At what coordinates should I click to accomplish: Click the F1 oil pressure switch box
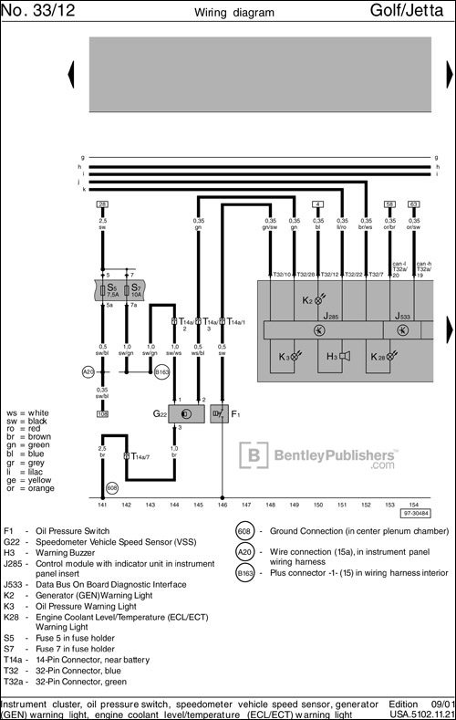[x=220, y=414]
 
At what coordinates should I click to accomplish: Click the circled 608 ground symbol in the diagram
[x=112, y=488]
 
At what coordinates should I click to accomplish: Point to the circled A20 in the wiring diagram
[x=88, y=371]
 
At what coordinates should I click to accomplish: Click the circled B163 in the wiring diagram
[x=161, y=372]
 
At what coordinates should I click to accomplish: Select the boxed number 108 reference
[x=102, y=413]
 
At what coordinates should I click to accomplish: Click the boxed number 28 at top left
[x=102, y=203]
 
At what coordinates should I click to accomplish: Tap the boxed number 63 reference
[x=413, y=203]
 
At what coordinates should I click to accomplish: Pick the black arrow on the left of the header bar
[x=72, y=73]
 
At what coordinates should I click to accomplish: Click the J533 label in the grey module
[x=404, y=317]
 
